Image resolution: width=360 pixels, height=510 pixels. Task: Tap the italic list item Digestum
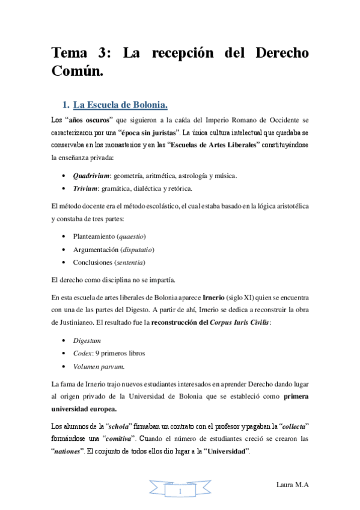pyautogui.click(x=87, y=340)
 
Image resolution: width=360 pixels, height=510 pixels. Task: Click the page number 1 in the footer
pyautogui.click(x=180, y=491)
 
